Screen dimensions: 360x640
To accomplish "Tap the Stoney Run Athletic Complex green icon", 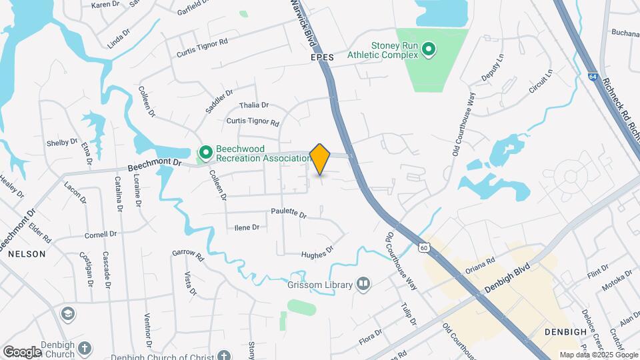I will (x=429, y=49).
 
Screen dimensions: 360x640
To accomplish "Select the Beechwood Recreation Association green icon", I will (x=206, y=153).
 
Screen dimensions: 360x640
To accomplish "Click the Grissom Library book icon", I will (x=363, y=285).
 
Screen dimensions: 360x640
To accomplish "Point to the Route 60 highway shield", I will (x=423, y=248).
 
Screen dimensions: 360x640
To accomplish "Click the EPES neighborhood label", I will (x=321, y=58).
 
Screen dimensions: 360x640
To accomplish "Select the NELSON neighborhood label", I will (x=27, y=254).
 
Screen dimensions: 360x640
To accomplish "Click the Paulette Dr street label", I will (x=289, y=215).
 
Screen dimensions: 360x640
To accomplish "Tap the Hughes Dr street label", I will (x=317, y=251).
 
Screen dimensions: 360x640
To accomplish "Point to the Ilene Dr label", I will (x=247, y=227).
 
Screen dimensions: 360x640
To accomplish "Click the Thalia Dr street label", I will (x=253, y=105).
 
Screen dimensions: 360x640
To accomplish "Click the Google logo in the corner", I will (x=22, y=351).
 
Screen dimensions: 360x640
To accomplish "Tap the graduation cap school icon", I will (x=67, y=313).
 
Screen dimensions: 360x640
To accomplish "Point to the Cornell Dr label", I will (x=101, y=235).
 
